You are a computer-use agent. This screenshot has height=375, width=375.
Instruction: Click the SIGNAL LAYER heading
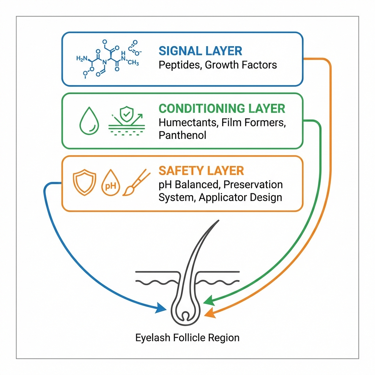click(200, 51)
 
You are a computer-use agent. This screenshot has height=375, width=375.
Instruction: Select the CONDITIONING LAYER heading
click(222, 108)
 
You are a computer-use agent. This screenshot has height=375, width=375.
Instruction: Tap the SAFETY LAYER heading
click(201, 171)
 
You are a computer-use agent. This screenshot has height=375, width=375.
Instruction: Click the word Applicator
click(219, 197)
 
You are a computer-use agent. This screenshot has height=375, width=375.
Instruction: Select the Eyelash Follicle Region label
click(187, 337)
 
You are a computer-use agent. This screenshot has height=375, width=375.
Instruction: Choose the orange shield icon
click(85, 182)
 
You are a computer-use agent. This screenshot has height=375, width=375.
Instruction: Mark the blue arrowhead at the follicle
click(161, 308)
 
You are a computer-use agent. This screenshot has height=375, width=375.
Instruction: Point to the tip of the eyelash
click(218, 221)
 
